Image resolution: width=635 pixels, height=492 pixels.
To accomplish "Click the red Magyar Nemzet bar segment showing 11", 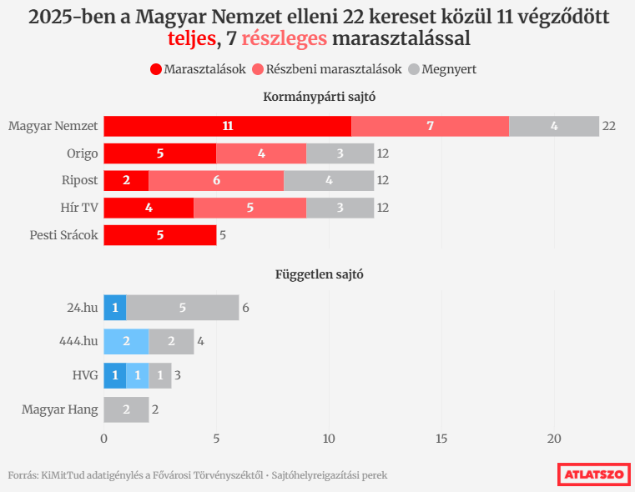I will [x=227, y=126].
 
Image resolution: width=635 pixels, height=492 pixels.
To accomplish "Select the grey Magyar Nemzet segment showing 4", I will [x=554, y=126].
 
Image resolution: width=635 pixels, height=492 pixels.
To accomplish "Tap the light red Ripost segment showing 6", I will [x=216, y=180].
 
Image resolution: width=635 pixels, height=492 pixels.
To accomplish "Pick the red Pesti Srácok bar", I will [x=159, y=235].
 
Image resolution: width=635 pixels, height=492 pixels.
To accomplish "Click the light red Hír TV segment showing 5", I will [x=249, y=208].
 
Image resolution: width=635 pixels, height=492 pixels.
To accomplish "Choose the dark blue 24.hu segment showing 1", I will [x=115, y=308].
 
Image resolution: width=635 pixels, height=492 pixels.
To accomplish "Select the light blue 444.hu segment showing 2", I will [x=126, y=342].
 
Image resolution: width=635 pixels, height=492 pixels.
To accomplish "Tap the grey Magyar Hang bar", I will [x=126, y=409].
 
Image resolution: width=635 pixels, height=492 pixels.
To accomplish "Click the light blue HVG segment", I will [x=138, y=376].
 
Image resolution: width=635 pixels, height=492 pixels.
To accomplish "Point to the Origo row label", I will [x=83, y=153].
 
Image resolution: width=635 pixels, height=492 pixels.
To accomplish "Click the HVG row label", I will [x=84, y=376].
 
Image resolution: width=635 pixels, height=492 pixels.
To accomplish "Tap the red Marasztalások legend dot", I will [x=156, y=69].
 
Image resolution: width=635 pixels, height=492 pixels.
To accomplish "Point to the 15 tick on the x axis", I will [x=441, y=439].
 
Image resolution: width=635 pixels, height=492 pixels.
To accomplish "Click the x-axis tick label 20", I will [x=554, y=439].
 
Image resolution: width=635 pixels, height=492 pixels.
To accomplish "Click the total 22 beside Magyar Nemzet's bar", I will [x=609, y=126].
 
